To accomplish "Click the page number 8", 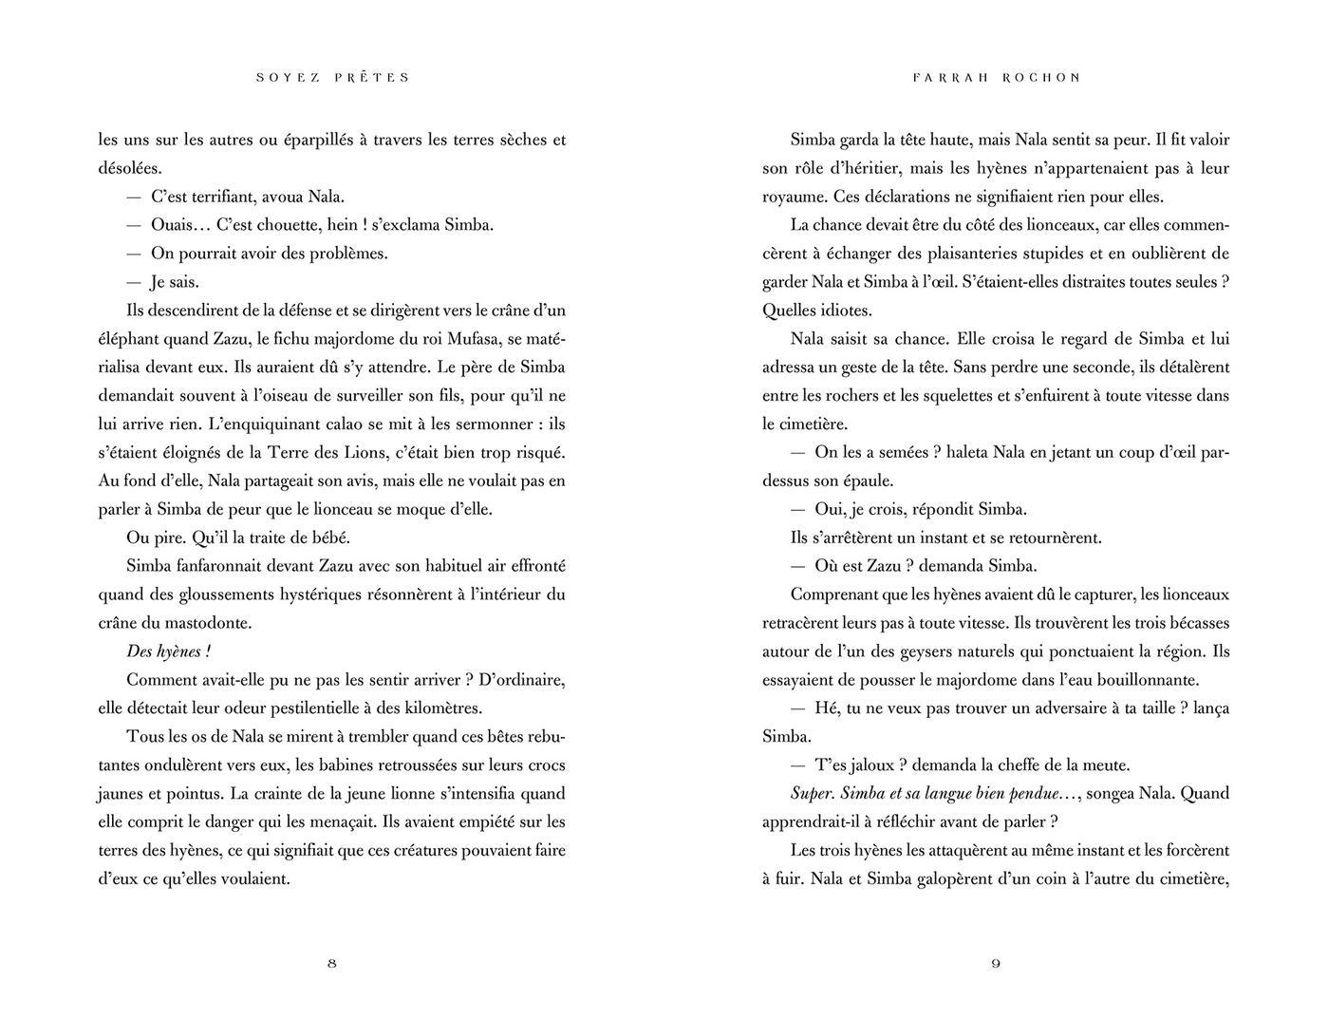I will (x=331, y=963).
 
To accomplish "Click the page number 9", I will (x=996, y=963).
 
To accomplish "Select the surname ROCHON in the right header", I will (x=1042, y=77).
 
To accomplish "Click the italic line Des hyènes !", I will (x=168, y=651).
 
